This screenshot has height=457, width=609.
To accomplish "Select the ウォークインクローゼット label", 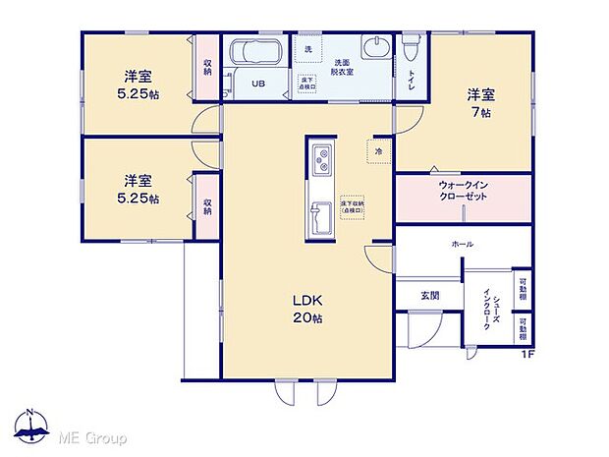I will pyautogui.click(x=463, y=190).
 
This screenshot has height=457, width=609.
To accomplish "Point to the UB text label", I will pyautogui.click(x=257, y=84).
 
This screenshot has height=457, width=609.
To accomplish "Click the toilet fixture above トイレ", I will pyautogui.click(x=411, y=46).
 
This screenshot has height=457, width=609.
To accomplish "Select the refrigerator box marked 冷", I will pyautogui.click(x=378, y=150).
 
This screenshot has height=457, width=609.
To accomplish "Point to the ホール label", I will pyautogui.click(x=462, y=243).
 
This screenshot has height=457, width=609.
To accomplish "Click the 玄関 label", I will pyautogui.click(x=430, y=295).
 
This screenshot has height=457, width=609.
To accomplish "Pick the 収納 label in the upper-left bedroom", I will pyautogui.click(x=208, y=68).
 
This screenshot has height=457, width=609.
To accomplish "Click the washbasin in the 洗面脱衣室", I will pyautogui.click(x=374, y=50).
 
